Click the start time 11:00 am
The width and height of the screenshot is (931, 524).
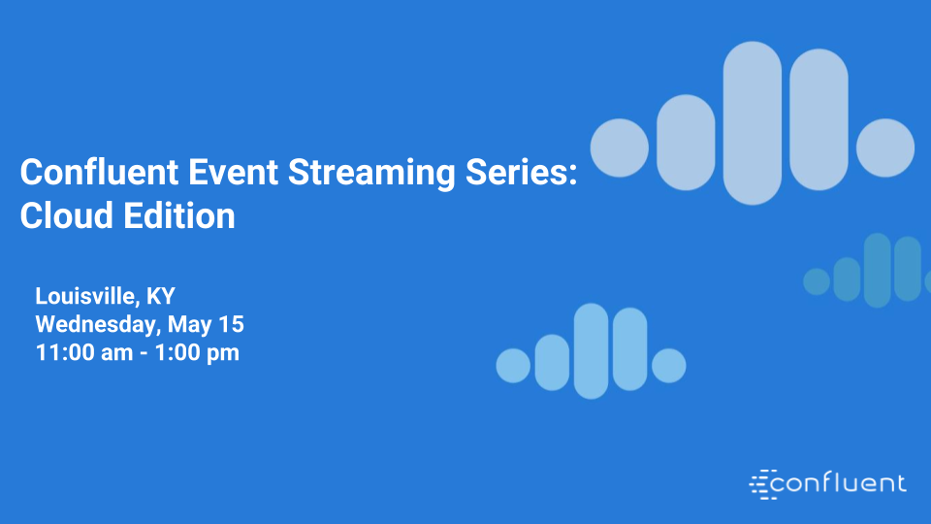point(83,352)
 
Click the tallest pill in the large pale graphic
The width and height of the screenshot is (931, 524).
point(753,123)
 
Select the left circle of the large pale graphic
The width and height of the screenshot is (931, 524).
point(620,148)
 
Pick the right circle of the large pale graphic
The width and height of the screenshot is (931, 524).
point(885,148)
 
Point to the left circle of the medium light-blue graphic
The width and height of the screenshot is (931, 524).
point(513,366)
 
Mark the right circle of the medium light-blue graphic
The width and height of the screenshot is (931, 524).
point(669,366)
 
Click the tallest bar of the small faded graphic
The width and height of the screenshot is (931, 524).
point(877,270)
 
